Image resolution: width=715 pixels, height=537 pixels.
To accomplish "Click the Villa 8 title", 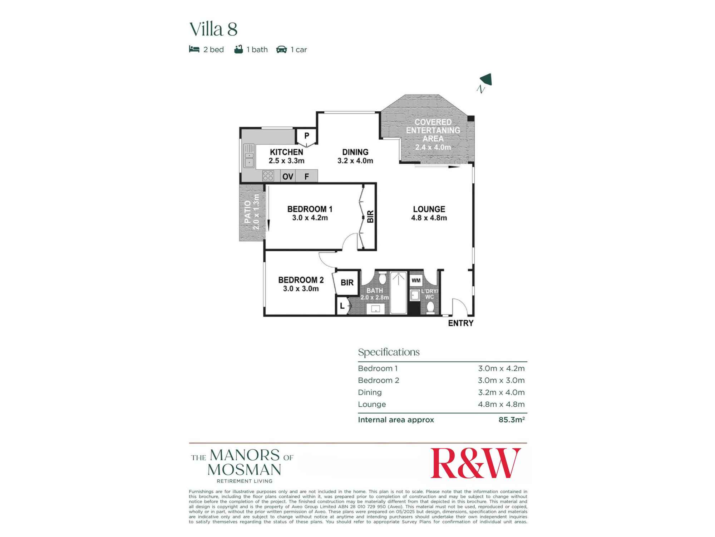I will pos(213,29).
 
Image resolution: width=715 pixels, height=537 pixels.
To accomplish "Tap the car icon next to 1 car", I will pos(281,49).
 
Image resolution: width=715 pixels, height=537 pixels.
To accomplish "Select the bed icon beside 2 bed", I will pos(194,49).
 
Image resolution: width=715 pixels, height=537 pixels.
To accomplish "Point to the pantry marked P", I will pos(306,136).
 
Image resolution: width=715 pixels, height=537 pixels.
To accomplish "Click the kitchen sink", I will pos(249,156).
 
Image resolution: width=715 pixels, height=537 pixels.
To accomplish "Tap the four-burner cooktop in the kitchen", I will pos(268,176).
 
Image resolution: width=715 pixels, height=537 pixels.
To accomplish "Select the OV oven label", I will pos(288,176).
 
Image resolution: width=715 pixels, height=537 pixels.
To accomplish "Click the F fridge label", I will pos(307,176).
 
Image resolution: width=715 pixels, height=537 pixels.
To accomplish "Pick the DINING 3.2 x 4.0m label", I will pos(355,156).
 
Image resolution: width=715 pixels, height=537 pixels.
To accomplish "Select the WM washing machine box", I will pos(416,280).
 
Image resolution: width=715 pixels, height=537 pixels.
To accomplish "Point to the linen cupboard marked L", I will pos(342,306).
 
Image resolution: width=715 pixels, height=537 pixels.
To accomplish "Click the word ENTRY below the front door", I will pos(460,323).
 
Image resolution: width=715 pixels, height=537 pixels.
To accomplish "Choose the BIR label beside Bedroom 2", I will pos(347,283).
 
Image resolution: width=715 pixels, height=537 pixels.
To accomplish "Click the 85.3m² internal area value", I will pos(511,420).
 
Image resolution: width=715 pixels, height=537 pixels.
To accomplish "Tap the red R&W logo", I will pos(475,463).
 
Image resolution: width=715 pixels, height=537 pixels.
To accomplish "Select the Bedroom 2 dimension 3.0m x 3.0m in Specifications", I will pos(501,380).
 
